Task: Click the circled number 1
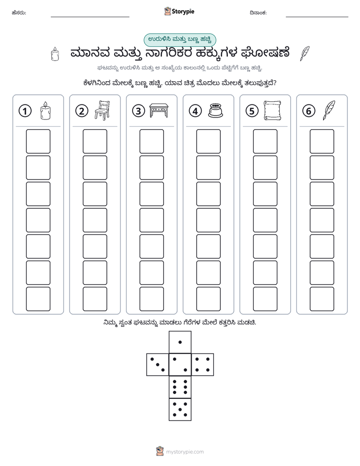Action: [x=25, y=111]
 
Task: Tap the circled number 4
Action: [x=195, y=111]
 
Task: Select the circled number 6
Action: [x=309, y=111]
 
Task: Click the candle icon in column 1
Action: [x=45, y=110]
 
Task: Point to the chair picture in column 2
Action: [x=102, y=110]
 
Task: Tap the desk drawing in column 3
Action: [x=159, y=110]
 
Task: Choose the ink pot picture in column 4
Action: [x=216, y=110]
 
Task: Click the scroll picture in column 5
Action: [x=272, y=110]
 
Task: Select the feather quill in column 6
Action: [x=329, y=110]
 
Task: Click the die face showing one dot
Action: [x=180, y=342]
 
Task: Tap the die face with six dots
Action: [x=180, y=387]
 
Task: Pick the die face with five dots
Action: [x=180, y=409]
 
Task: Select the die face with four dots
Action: [x=203, y=365]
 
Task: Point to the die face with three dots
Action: [x=158, y=365]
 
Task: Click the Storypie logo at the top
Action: [x=179, y=12]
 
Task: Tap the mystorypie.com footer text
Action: [x=185, y=452]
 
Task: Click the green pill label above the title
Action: [x=179, y=40]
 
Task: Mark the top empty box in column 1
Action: [x=38, y=141]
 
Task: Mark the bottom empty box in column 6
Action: [x=322, y=299]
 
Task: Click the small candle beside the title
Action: [x=55, y=54]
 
